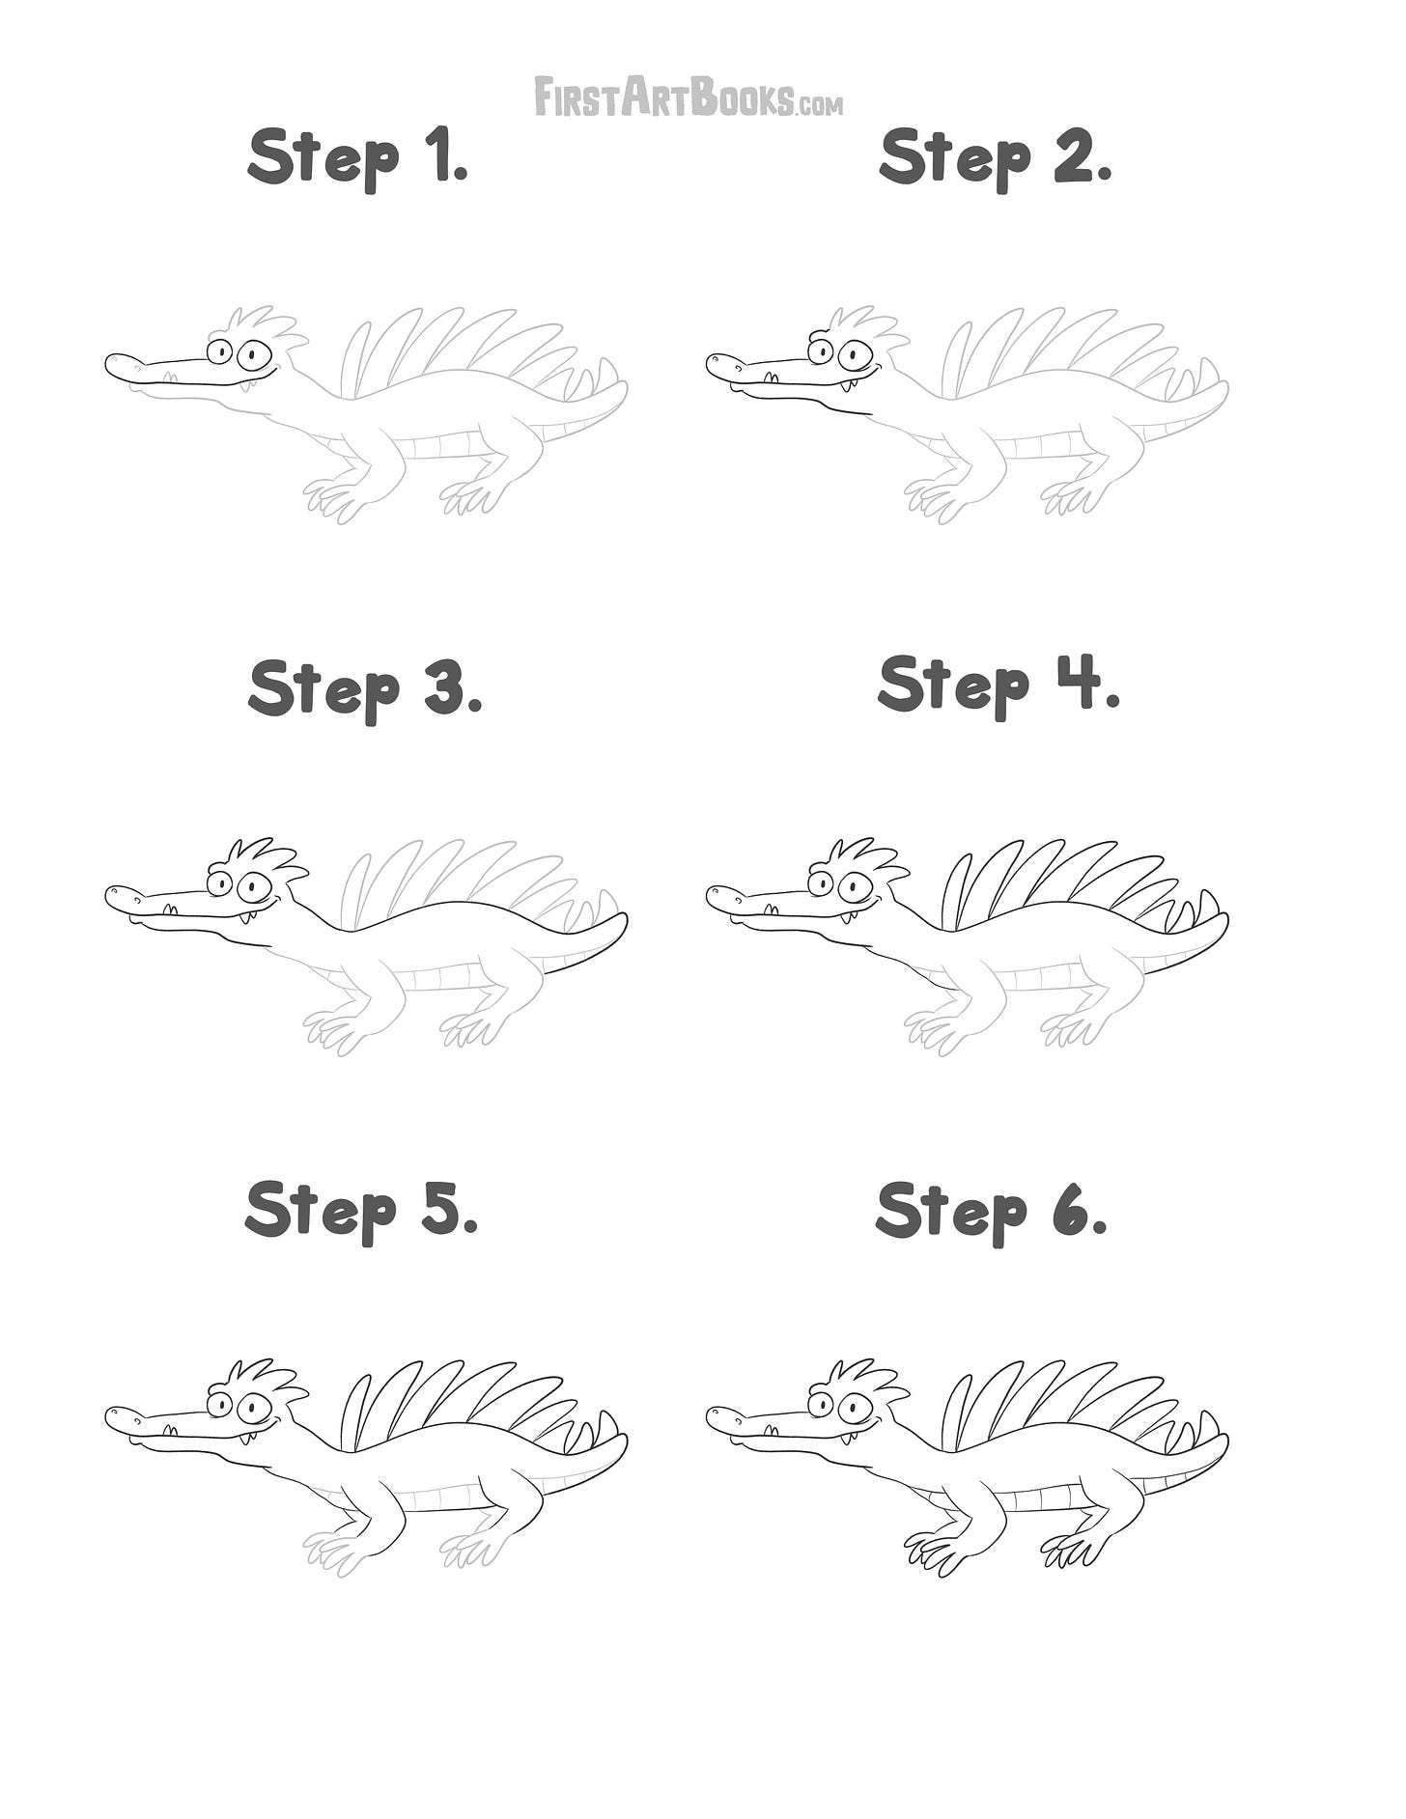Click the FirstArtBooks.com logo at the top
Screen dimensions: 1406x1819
click(689, 98)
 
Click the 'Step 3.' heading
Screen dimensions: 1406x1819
click(365, 688)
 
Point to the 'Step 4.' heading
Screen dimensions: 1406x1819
click(998, 685)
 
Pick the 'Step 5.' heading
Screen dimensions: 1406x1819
click(362, 1211)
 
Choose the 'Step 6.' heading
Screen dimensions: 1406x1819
click(992, 1211)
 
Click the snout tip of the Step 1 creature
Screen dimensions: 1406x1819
click(106, 365)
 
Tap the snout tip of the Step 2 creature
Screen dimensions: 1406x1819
click(708, 365)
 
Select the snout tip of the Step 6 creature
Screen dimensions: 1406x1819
click(708, 1417)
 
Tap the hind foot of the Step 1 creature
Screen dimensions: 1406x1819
click(470, 496)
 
